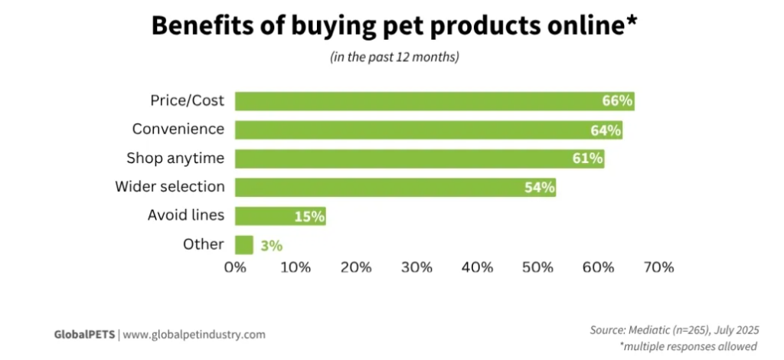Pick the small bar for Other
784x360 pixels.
243,245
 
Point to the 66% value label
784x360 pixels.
616,101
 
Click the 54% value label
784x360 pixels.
539,188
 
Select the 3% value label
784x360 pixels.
271,246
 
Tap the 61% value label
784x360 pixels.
588,159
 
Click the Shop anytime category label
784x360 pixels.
175,159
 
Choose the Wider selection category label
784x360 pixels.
170,187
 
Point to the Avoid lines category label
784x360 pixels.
186,215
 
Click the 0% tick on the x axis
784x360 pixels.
234,267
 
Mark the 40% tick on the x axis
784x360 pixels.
477,267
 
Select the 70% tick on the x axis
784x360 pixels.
658,267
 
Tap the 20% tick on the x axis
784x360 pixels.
356,267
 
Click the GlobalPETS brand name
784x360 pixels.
83,335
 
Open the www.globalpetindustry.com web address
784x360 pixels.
194,335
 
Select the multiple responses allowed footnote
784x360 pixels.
688,347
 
